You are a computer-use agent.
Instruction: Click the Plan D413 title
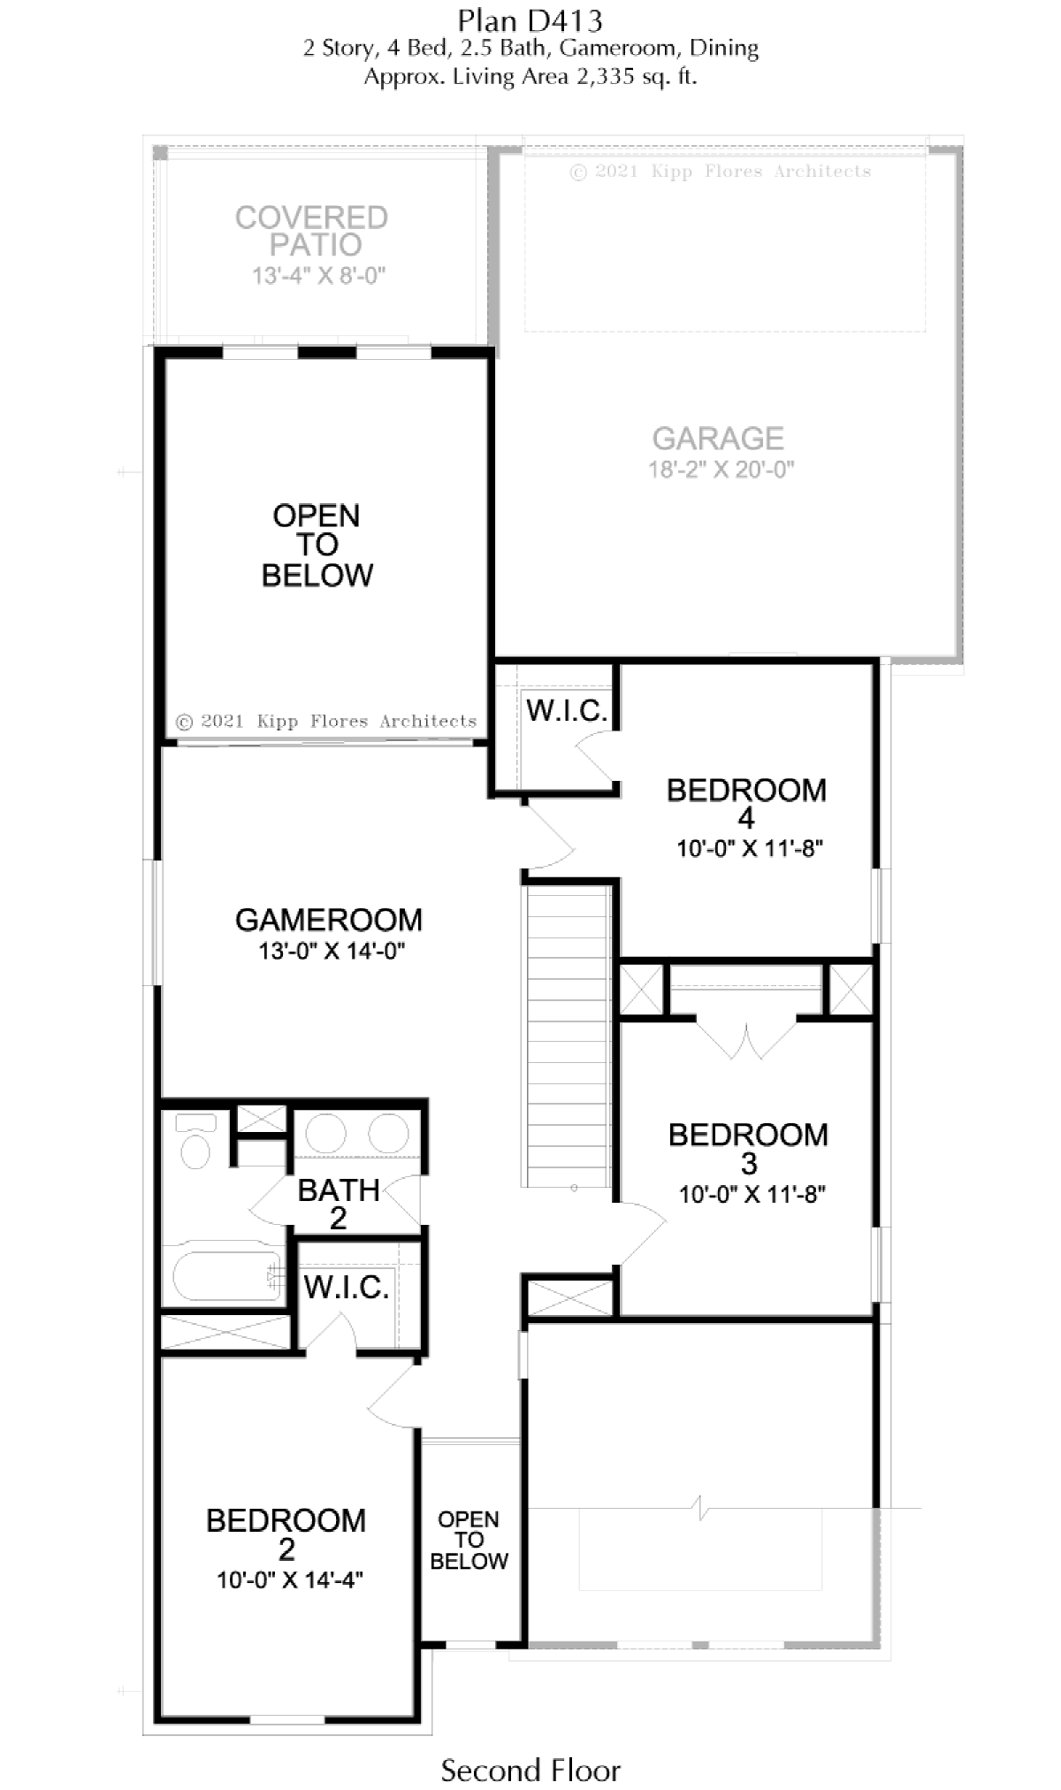click(x=530, y=19)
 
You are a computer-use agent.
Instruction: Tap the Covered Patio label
click(x=311, y=231)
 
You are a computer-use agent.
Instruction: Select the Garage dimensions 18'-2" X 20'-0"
click(x=721, y=470)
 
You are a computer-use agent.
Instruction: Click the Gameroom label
click(x=329, y=920)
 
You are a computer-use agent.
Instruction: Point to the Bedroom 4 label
click(x=746, y=803)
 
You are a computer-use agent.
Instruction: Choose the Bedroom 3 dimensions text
click(x=752, y=1194)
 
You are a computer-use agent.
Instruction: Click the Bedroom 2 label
click(x=286, y=1534)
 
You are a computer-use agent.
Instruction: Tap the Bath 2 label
click(x=339, y=1204)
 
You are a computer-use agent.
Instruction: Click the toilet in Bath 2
click(x=195, y=1142)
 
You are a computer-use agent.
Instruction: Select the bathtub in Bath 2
click(x=227, y=1274)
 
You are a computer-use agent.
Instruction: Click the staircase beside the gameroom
click(x=569, y=1037)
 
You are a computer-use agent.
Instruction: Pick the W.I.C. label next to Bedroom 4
click(x=567, y=709)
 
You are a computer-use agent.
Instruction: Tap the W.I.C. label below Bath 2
click(x=347, y=1287)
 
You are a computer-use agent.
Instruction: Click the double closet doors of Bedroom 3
click(x=747, y=1041)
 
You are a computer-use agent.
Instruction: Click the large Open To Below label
click(x=317, y=545)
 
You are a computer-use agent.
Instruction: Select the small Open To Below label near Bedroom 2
click(x=469, y=1540)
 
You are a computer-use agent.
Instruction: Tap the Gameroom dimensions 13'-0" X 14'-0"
click(x=332, y=951)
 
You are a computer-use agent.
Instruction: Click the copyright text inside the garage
click(x=721, y=172)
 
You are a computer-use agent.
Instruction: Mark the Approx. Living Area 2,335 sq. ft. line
click(x=530, y=77)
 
